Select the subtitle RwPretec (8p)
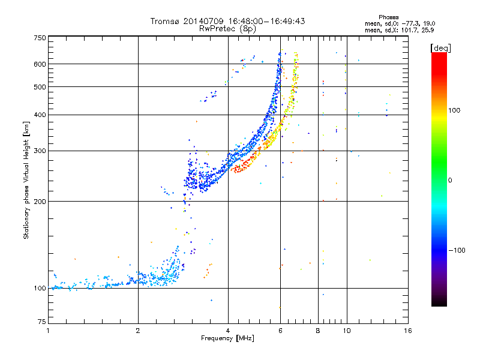[228, 28]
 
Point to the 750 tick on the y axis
[40, 38]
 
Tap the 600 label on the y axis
[40, 64]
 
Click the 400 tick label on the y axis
[40, 115]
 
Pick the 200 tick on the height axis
[40, 202]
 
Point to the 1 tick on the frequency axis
[48, 331]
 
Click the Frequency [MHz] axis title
[227, 339]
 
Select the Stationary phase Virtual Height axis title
[26, 180]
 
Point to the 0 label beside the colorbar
[452, 180]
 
